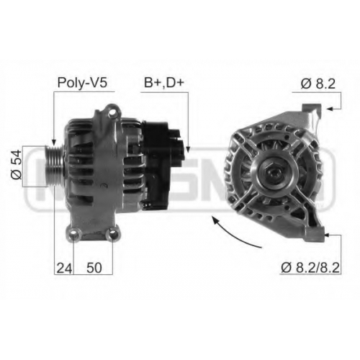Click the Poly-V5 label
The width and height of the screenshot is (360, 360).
tap(82, 83)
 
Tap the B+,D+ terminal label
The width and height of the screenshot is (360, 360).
tap(164, 83)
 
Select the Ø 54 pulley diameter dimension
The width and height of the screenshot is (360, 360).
tap(17, 165)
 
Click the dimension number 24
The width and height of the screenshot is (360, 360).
tap(64, 268)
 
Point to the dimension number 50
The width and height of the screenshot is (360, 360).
tap(94, 268)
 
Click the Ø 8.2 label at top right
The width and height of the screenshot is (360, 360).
tap(318, 84)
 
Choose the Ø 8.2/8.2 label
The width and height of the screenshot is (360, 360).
tap(310, 268)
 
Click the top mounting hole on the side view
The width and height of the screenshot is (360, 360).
tap(112, 113)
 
